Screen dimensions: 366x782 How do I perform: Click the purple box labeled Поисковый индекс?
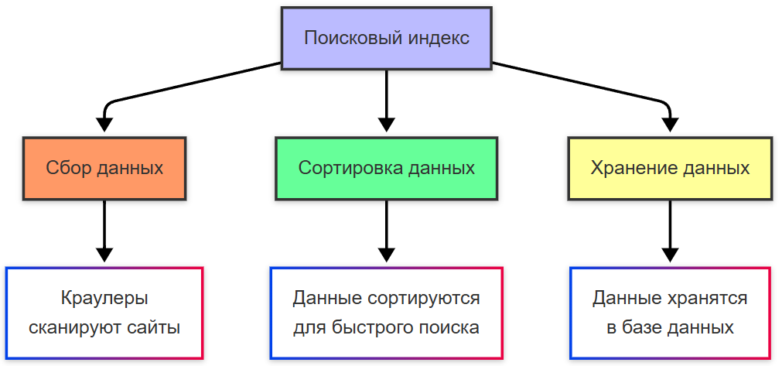pos(386,39)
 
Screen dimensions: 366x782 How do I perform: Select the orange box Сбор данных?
pos(104,169)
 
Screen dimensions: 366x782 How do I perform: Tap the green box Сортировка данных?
pos(386,169)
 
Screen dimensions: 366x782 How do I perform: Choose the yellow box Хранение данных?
pos(670,169)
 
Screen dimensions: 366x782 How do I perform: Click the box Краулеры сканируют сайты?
pos(104,313)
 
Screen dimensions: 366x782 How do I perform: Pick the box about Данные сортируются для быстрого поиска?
pos(386,313)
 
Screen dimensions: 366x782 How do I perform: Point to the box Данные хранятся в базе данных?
pos(670,313)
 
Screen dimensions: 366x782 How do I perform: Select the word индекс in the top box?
pos(438,39)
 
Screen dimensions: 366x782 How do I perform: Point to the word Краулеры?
pos(104,298)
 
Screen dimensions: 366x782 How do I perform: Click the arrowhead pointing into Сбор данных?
pos(104,125)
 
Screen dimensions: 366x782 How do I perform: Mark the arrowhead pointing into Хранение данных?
pos(670,125)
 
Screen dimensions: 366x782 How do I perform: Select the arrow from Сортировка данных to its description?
pos(386,228)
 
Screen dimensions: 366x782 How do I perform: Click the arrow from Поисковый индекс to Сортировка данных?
pos(386,97)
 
